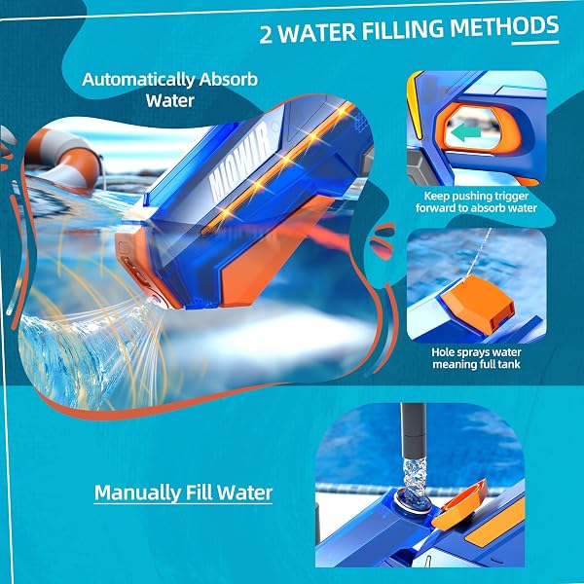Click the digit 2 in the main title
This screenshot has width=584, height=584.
tap(266, 35)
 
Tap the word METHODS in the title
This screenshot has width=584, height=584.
tap(504, 27)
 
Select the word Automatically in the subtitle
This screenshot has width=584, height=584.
tap(138, 80)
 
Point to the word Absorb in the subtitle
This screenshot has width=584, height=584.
tap(228, 80)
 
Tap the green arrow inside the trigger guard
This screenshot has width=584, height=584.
tap(465, 132)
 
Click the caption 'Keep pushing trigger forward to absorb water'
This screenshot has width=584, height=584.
tap(476, 201)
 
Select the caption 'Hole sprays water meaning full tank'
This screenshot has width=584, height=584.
tap(476, 358)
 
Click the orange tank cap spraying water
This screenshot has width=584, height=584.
tap(479, 305)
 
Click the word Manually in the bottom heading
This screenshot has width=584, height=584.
tap(137, 493)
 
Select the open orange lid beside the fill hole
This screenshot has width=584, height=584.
tap(459, 504)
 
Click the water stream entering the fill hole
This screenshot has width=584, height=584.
tap(415, 480)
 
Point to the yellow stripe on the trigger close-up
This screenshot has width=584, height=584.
tap(415, 105)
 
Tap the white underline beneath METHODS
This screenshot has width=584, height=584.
tap(535, 43)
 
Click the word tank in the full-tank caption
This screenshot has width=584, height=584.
tap(509, 364)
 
